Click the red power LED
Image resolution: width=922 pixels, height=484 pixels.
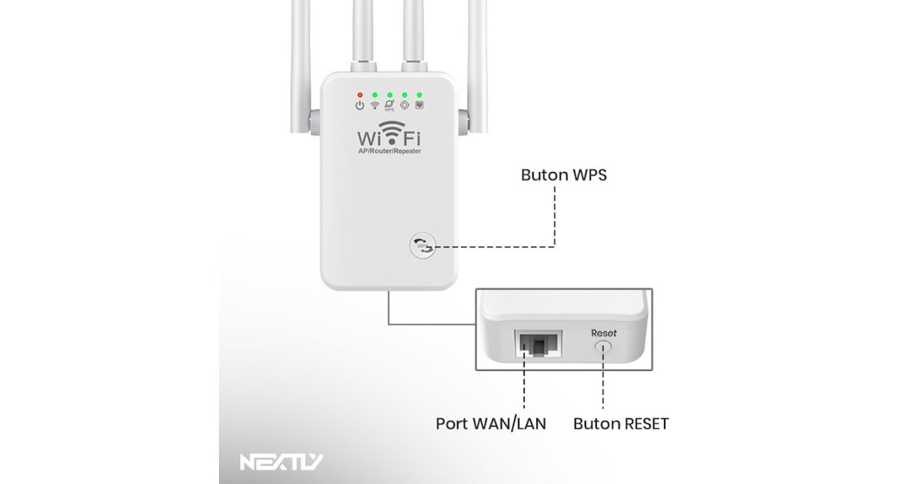point(360,94)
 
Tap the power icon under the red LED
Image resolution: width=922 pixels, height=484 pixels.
point(360,105)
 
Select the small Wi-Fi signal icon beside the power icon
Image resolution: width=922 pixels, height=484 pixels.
point(375,105)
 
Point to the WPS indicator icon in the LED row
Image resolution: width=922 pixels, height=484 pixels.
point(390,105)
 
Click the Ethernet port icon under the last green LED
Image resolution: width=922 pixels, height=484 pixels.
point(420,105)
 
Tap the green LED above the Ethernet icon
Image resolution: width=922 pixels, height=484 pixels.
point(420,94)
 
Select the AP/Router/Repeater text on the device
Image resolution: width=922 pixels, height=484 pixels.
point(390,151)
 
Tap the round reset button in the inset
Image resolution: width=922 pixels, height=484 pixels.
point(603,347)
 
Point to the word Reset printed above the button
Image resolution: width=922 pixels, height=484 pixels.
point(603,333)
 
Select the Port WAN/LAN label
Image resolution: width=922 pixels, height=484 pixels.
point(491,423)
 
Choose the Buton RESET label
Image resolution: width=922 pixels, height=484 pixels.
point(621,423)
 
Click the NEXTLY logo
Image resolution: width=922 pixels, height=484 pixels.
point(281,462)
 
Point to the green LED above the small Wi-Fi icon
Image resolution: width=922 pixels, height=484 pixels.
point(375,94)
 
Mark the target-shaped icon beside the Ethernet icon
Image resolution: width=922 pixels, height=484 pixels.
point(405,105)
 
